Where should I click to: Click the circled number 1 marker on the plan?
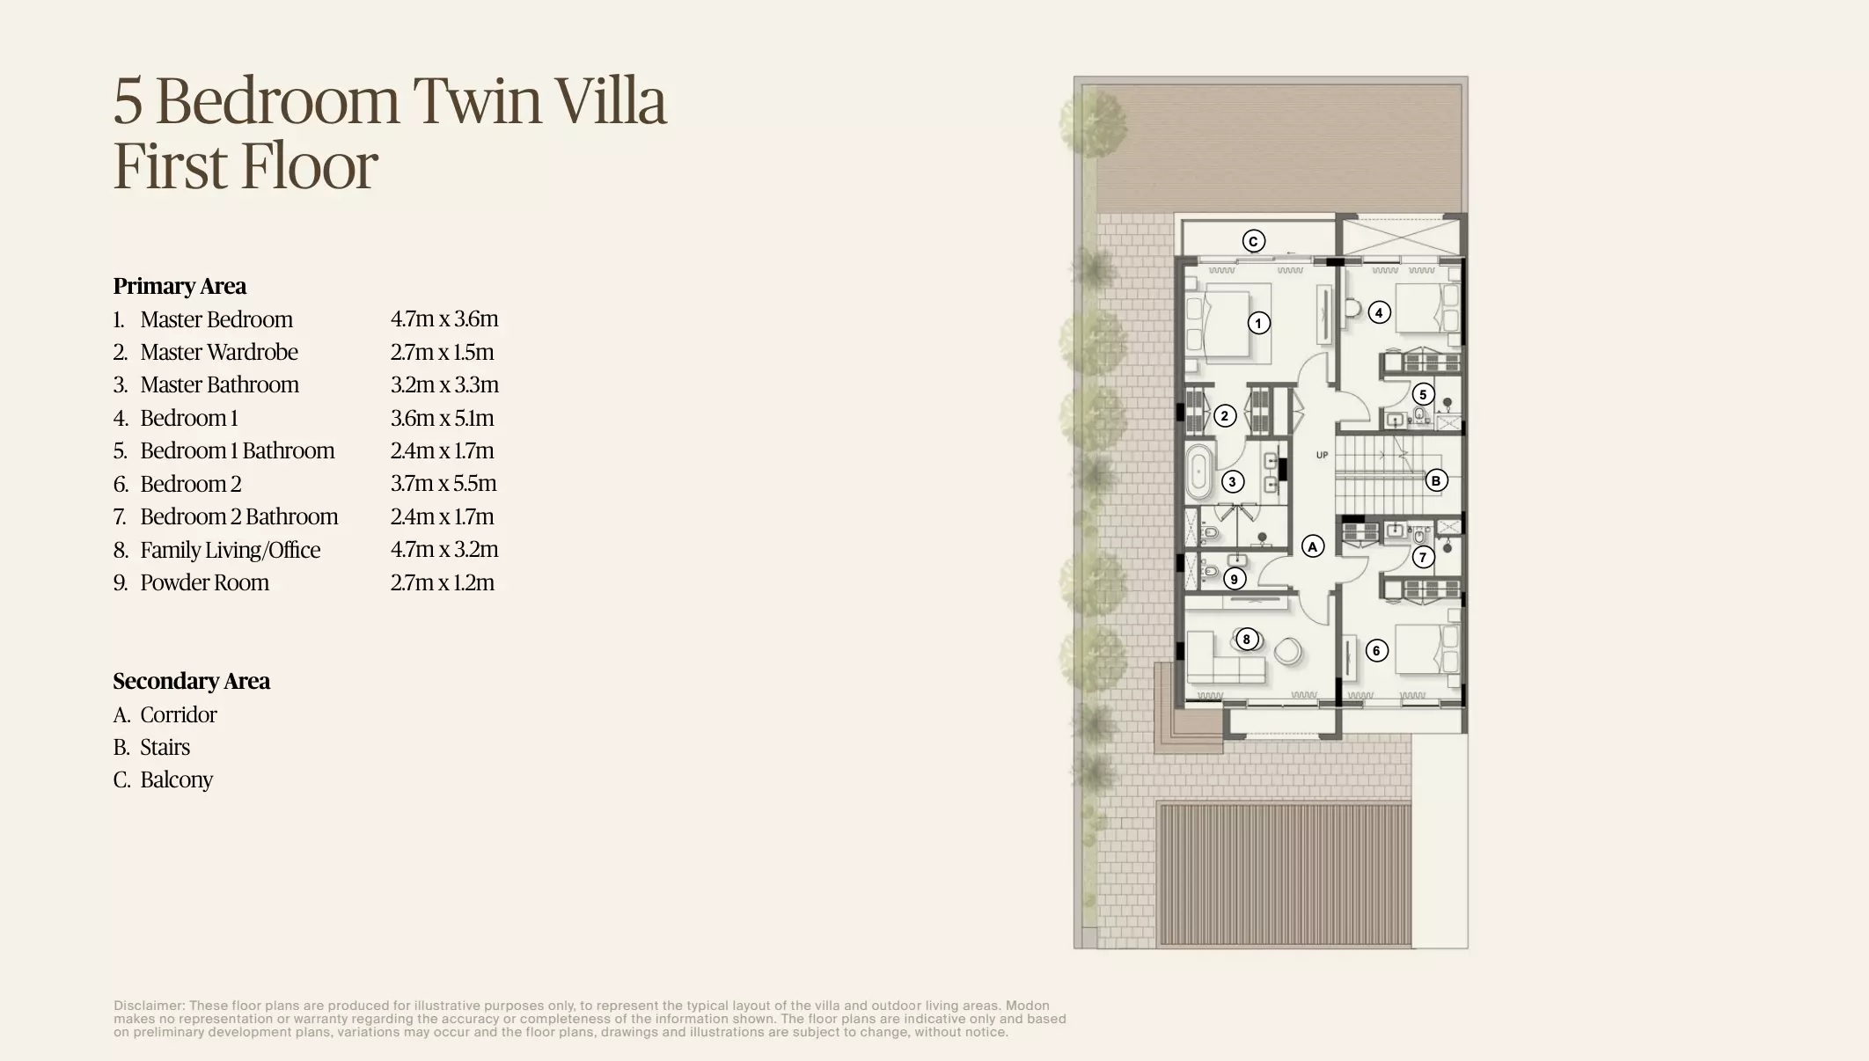(x=1258, y=323)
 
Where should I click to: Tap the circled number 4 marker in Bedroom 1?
(x=1379, y=312)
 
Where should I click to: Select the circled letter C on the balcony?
(x=1254, y=241)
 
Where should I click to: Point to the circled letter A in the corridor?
(x=1313, y=546)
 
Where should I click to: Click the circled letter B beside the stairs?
(x=1436, y=480)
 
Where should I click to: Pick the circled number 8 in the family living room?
(x=1246, y=639)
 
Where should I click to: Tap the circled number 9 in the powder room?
(x=1234, y=579)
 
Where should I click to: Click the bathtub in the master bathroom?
(x=1198, y=472)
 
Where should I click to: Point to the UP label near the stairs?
(x=1322, y=455)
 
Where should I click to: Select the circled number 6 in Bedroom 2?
(x=1376, y=651)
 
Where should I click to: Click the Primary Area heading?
(x=180, y=286)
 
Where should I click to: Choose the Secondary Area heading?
(x=191, y=681)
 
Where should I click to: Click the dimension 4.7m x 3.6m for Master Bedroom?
(x=444, y=318)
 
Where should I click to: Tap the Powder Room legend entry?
(x=204, y=582)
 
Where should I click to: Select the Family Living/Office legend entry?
(x=230, y=550)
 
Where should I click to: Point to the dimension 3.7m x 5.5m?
(x=443, y=483)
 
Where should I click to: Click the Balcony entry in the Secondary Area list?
(x=176, y=779)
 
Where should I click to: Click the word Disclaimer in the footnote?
(x=148, y=1006)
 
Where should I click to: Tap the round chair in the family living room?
(x=1288, y=652)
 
